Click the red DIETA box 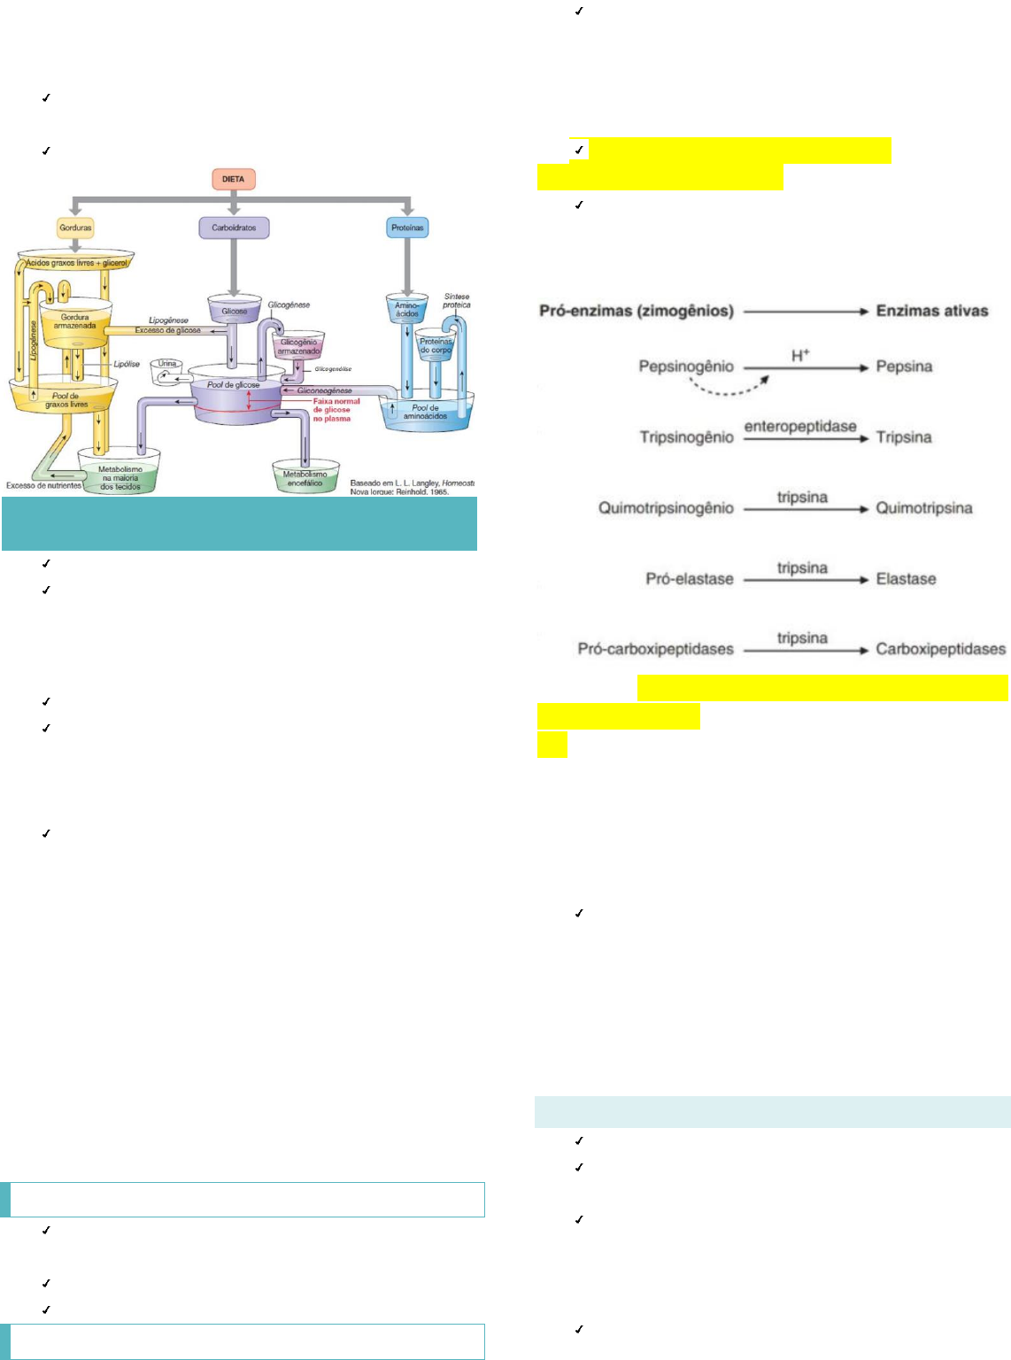click(233, 179)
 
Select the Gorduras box click(75, 228)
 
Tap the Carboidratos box click(234, 228)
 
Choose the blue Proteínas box click(407, 228)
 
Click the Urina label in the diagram click(167, 364)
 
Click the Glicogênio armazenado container click(299, 346)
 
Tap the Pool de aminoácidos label click(425, 412)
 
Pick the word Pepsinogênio click(686, 367)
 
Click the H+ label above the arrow click(800, 355)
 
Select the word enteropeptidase click(800, 426)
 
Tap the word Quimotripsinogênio click(666, 508)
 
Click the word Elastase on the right click(906, 579)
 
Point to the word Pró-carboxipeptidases click(655, 649)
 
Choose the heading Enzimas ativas click(931, 311)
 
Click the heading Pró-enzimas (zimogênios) click(637, 311)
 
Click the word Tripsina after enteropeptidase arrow click(904, 437)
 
